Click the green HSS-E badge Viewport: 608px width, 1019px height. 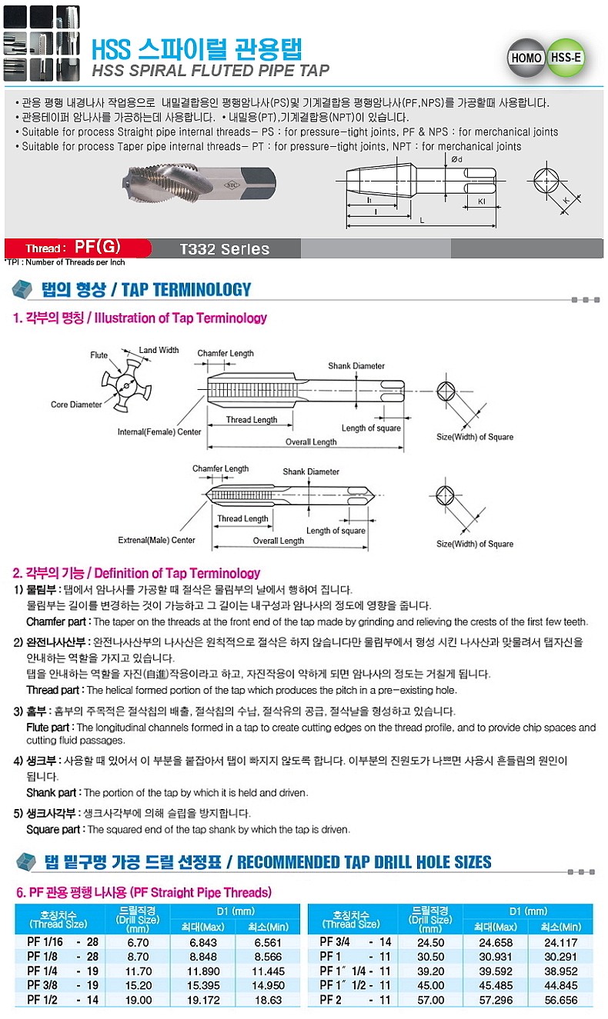(x=566, y=58)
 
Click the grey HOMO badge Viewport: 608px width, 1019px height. (x=526, y=58)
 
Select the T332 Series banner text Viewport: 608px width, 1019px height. (x=224, y=249)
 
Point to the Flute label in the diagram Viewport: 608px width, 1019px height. (x=99, y=355)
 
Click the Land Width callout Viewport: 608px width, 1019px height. (x=159, y=351)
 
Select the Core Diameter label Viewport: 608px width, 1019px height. (x=76, y=405)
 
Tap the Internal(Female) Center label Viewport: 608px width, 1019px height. (x=159, y=432)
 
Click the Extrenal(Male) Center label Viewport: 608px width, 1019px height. (x=156, y=540)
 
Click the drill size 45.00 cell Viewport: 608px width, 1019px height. (x=430, y=985)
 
